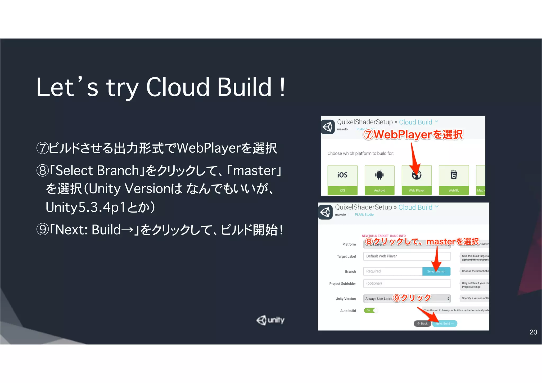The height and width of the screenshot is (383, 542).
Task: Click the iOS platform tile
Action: [x=342, y=180]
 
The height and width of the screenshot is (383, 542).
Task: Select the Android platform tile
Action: [x=380, y=180]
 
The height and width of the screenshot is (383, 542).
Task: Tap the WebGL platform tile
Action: [x=454, y=180]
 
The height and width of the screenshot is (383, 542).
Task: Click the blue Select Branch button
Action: [x=436, y=271]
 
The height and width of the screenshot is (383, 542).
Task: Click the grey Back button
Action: [x=422, y=323]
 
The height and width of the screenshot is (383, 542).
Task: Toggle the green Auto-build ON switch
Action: [x=371, y=310]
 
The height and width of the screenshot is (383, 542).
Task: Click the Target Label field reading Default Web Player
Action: [x=406, y=256]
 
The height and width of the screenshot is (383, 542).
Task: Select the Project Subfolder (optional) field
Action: [x=406, y=283]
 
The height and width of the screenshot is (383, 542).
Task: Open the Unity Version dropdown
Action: [x=406, y=299]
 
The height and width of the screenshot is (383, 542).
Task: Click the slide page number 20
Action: [x=533, y=332]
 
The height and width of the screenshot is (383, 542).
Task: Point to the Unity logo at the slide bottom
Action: [x=270, y=320]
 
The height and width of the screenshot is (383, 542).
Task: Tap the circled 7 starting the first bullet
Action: [x=42, y=148]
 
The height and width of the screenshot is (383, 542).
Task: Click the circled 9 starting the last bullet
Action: [x=42, y=229]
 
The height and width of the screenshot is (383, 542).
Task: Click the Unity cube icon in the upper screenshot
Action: [x=328, y=127]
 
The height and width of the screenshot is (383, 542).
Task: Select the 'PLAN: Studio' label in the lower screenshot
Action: [x=364, y=215]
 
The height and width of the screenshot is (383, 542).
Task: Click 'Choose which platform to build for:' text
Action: [x=360, y=154]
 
